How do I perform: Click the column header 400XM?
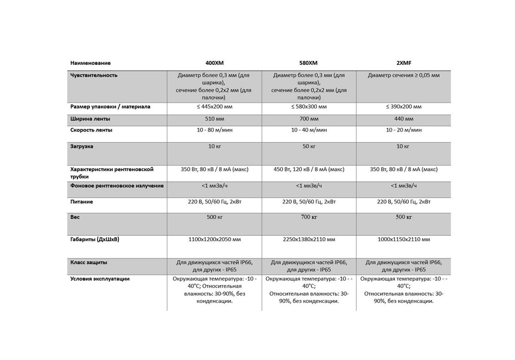[x=214, y=63]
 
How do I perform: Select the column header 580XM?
[x=309, y=63]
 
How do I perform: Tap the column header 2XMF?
[x=403, y=63]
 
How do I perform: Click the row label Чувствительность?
[x=94, y=76]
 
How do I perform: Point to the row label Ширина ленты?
[x=90, y=119]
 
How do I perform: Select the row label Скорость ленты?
[x=91, y=130]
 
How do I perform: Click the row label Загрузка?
[x=82, y=146]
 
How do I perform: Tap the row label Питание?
[x=82, y=202]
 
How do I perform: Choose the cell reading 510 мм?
[x=214, y=119]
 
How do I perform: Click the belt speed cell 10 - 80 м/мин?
[x=214, y=130]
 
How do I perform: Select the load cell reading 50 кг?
[x=309, y=146]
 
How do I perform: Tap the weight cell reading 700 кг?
[x=309, y=217]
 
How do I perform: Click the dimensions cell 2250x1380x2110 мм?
[x=309, y=240]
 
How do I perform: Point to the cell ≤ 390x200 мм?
[x=403, y=107]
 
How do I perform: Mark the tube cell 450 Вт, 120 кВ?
[x=309, y=169]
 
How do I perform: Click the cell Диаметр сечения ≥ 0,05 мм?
[x=403, y=76]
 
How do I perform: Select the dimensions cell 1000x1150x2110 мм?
[x=403, y=240]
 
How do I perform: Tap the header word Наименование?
[x=91, y=63]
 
